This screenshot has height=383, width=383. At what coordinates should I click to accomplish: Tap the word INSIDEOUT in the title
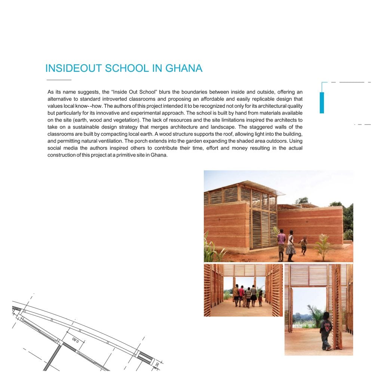pos(74,68)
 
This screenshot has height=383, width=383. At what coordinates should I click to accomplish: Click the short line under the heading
pos(59,80)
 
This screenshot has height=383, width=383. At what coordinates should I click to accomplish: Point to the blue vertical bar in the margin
pos(322,102)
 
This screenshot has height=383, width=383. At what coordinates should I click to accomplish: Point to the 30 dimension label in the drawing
pos(157,365)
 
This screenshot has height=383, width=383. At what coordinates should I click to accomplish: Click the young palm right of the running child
pos(322,248)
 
